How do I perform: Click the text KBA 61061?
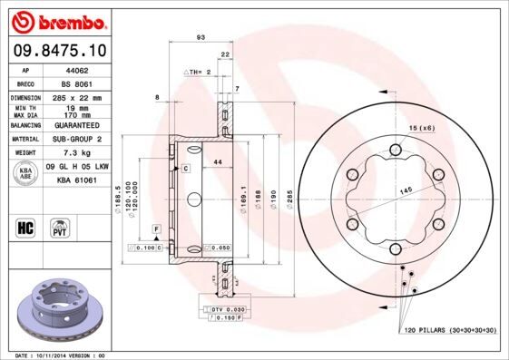(x=76, y=181)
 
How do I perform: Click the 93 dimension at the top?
(x=200, y=37)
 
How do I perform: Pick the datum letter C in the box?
(x=185, y=169)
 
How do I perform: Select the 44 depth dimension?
(x=218, y=161)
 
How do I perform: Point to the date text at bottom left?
(x=61, y=355)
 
